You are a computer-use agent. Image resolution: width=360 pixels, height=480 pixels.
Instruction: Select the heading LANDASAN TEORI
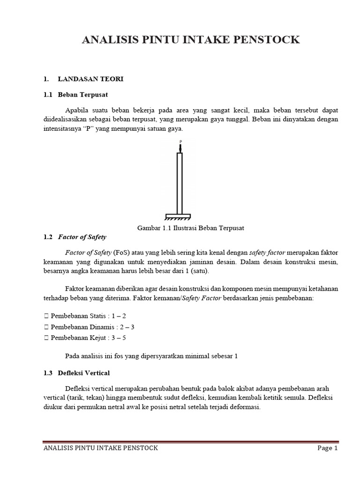(90, 79)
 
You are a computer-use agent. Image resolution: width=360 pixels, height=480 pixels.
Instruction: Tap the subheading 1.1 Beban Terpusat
(75, 95)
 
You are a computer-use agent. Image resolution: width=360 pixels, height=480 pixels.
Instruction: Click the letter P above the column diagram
(180, 141)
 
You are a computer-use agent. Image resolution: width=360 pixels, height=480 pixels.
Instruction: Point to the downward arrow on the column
(180, 148)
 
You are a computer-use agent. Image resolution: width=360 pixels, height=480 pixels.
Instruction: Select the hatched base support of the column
(178, 217)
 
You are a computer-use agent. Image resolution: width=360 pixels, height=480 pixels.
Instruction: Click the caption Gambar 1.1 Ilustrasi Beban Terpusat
(191, 228)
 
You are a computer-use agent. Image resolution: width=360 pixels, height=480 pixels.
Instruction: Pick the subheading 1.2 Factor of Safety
(75, 237)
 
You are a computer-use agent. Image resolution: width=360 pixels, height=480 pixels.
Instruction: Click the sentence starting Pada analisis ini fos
(151, 356)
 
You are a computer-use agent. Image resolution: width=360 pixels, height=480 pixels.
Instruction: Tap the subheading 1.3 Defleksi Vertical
(76, 373)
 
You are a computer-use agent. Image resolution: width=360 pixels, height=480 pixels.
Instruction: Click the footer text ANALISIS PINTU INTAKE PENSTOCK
(100, 448)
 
